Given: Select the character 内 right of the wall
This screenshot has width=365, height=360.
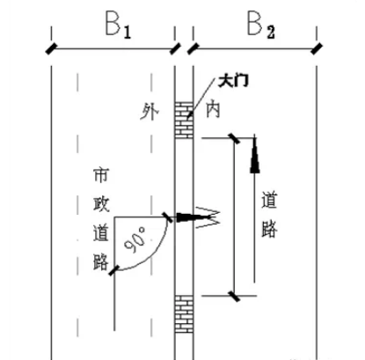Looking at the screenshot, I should pyautogui.click(x=211, y=113).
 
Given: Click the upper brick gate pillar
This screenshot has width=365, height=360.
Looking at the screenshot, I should pyautogui.click(x=184, y=118).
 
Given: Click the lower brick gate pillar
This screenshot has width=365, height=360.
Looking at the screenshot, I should pyautogui.click(x=183, y=313).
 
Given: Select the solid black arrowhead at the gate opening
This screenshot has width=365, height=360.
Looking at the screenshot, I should pyautogui.click(x=186, y=216).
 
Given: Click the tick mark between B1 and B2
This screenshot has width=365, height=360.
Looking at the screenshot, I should pyautogui.click(x=182, y=44).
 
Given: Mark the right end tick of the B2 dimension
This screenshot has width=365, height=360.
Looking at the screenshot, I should pyautogui.click(x=316, y=44).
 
